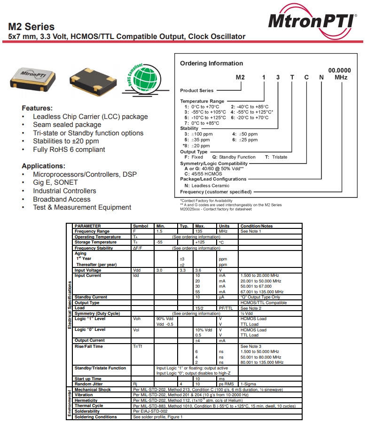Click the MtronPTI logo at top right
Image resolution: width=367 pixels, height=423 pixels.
312,22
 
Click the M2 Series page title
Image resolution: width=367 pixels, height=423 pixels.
31,27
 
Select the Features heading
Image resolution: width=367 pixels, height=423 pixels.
37,108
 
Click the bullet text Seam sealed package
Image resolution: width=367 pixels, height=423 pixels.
67,125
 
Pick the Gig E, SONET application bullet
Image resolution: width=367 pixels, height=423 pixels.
55,182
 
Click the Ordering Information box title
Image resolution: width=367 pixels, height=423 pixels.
211,63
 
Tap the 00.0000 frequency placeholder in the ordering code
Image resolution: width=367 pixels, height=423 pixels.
339,70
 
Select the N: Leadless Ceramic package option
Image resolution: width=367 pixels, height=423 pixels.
207,186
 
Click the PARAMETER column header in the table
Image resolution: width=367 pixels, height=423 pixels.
88,226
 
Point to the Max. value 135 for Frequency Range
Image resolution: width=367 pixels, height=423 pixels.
199,231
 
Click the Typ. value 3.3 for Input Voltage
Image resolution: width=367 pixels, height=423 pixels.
183,270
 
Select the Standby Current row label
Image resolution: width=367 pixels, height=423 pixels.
91,297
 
